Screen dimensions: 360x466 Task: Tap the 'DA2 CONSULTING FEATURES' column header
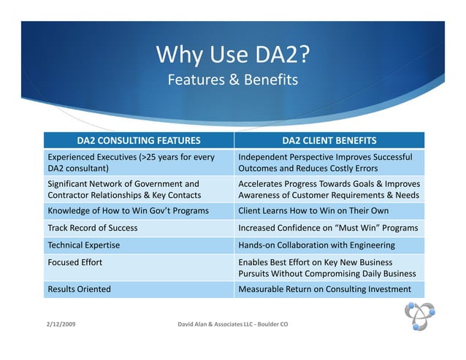click(x=139, y=140)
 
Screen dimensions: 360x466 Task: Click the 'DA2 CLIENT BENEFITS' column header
click(x=329, y=140)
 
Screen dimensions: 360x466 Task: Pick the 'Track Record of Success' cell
click(x=92, y=228)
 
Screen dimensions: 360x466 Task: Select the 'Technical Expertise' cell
click(x=83, y=245)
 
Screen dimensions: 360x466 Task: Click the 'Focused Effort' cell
click(x=75, y=261)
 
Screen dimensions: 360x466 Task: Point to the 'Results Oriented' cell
click(x=79, y=288)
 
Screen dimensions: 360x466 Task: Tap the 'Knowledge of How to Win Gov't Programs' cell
click(x=128, y=211)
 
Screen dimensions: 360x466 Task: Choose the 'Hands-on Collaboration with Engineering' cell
click(x=316, y=245)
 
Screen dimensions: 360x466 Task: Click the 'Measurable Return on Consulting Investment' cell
click(x=324, y=288)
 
